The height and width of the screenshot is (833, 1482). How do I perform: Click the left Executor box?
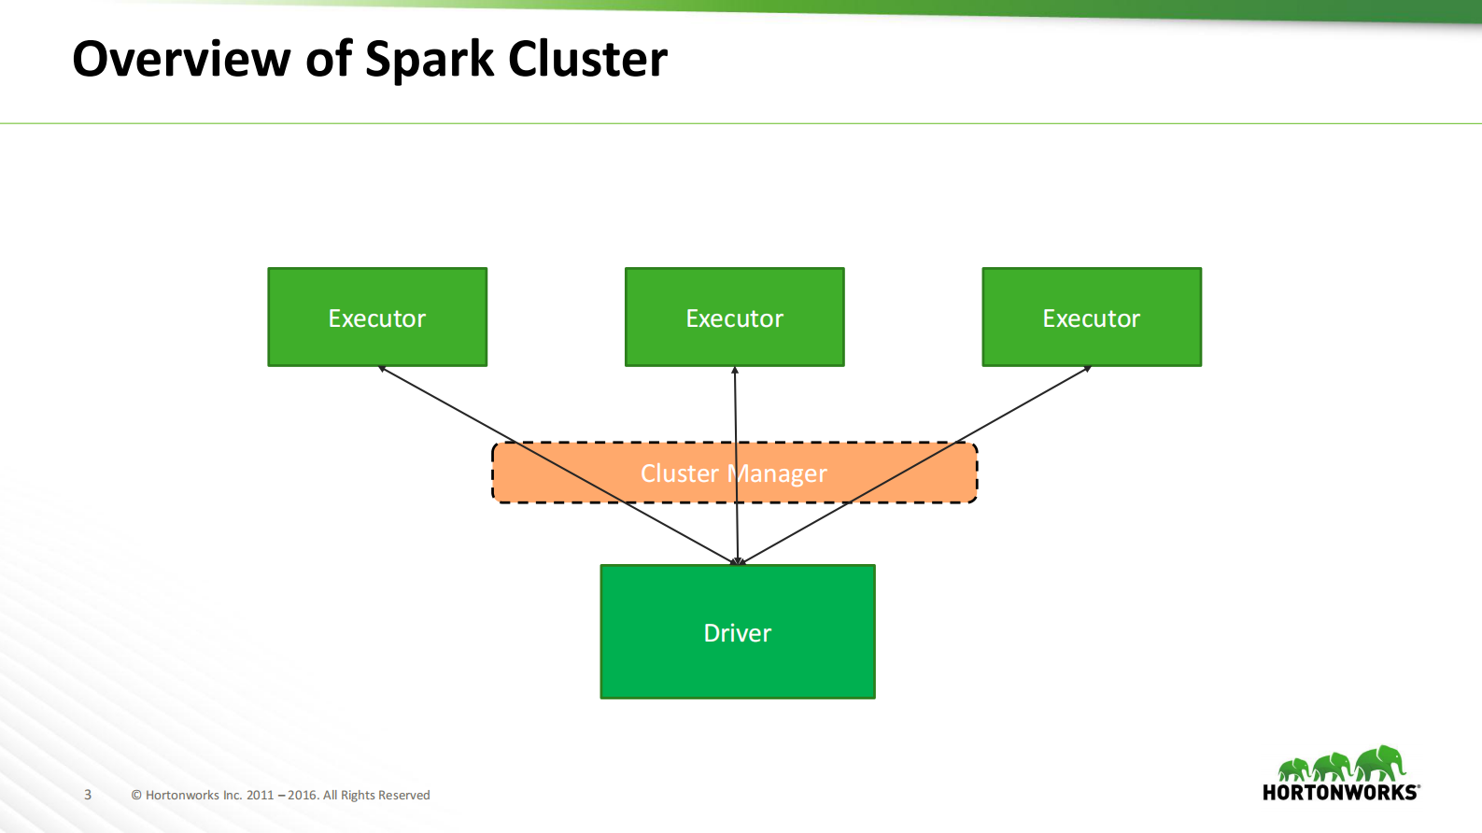(x=377, y=318)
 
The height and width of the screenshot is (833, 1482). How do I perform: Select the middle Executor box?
(x=734, y=318)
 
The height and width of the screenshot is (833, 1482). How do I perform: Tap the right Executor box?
(x=1091, y=318)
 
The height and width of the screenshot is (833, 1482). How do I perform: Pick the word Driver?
(x=737, y=633)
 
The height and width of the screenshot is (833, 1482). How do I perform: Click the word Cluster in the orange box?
(x=679, y=473)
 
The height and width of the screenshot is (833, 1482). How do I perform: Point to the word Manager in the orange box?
(x=779, y=474)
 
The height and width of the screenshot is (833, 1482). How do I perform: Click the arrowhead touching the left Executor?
(x=382, y=369)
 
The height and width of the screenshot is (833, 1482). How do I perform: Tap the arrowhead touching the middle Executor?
(x=735, y=371)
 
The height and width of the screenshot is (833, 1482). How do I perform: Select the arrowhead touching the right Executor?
(x=1087, y=369)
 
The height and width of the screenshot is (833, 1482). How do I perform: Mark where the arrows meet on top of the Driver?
(x=738, y=562)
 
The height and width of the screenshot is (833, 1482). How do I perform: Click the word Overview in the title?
(x=181, y=59)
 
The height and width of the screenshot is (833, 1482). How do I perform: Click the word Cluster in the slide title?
(x=587, y=59)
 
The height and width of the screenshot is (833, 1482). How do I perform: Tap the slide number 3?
(x=88, y=795)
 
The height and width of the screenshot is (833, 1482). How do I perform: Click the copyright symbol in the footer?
(x=136, y=796)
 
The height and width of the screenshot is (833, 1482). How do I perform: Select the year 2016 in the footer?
(x=303, y=796)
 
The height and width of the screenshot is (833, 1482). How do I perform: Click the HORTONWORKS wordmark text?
(x=1339, y=793)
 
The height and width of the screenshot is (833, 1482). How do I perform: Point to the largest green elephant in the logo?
(x=1381, y=763)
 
